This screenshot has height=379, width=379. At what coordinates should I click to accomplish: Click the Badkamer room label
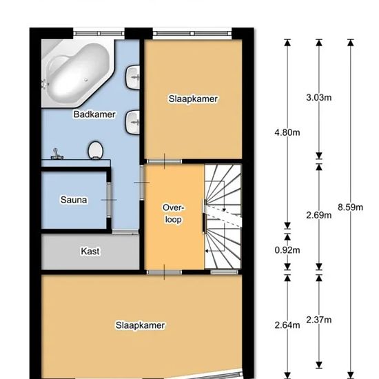tap(94, 114)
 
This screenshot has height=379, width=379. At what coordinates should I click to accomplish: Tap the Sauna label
tap(74, 200)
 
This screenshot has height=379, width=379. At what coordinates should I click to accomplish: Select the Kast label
tap(90, 252)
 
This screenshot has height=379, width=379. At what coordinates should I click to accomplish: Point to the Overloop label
tap(173, 214)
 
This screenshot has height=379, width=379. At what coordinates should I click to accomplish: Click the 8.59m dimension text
tap(351, 207)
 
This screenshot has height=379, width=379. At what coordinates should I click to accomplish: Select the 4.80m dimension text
tap(287, 132)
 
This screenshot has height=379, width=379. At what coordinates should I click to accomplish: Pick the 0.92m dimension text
tap(287, 250)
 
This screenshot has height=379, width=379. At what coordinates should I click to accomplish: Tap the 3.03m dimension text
tap(319, 98)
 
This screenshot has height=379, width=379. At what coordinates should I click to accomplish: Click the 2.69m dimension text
tap(319, 215)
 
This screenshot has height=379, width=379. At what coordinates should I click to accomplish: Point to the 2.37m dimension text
tap(319, 320)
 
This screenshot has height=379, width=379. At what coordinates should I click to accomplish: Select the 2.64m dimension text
tap(287, 325)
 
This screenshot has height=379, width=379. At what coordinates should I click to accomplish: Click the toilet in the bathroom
tap(96, 151)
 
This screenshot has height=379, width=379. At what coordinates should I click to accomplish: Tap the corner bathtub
tap(77, 74)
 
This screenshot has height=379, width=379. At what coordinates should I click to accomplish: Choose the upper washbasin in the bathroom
tap(132, 77)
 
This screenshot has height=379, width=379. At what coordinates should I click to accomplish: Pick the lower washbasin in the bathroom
tap(132, 122)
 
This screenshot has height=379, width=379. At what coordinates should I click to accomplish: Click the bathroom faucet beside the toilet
tap(57, 154)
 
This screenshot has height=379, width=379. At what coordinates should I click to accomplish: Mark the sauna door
tap(110, 200)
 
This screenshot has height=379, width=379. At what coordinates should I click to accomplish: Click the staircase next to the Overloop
tap(223, 216)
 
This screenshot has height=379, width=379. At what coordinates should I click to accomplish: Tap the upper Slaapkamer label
tap(193, 99)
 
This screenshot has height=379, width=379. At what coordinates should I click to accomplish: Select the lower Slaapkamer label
tap(140, 325)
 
